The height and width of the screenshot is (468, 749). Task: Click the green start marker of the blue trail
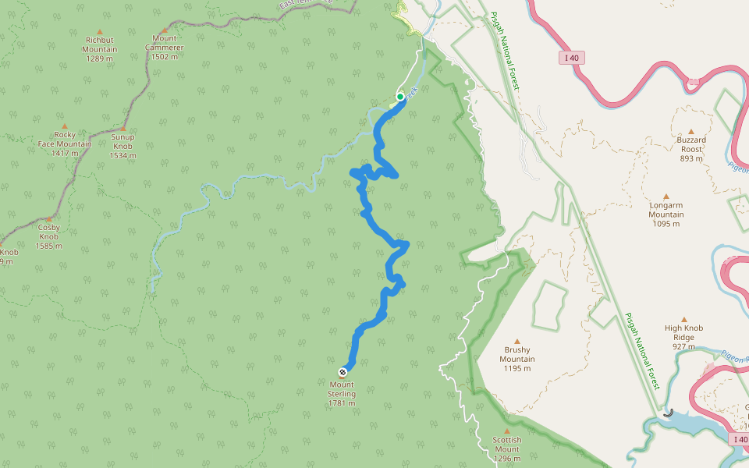pos(400,97)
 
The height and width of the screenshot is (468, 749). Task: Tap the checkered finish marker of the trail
pos(343,371)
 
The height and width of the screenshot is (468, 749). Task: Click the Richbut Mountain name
pos(100,44)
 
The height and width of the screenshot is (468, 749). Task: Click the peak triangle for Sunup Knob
pos(123,127)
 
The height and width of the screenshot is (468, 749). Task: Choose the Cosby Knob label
pos(48,232)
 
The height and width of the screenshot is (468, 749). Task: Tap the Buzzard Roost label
pos(691,144)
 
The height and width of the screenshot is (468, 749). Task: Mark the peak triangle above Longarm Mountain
pos(666,197)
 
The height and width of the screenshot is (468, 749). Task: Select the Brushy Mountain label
pos(516,354)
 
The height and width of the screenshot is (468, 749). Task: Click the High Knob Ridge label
pos(684,332)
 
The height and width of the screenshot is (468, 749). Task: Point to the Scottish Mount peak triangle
pos(506,431)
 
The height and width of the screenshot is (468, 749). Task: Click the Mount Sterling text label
pos(342,389)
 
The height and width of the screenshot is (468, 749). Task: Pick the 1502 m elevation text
pos(164,55)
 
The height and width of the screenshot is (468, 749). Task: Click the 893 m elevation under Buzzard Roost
pos(691,158)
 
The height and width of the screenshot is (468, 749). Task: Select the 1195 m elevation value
pos(516,368)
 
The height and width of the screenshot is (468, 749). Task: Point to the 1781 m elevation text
pos(342,403)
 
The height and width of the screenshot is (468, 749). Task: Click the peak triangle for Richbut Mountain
pos(100,31)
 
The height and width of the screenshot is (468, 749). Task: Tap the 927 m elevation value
pos(684,346)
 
